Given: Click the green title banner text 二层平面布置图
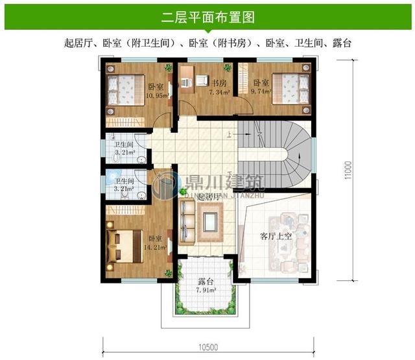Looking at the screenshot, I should click(x=207, y=16).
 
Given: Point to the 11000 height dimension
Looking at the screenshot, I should click(x=348, y=170).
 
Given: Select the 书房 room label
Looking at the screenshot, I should click(x=218, y=83).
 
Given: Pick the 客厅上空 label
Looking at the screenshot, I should click(x=276, y=236).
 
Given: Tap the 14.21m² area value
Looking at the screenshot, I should click(x=157, y=247).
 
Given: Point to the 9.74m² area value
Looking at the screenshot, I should click(x=261, y=92).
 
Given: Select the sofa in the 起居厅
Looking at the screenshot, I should click(x=186, y=220).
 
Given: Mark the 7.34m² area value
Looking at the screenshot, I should click(x=220, y=93).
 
